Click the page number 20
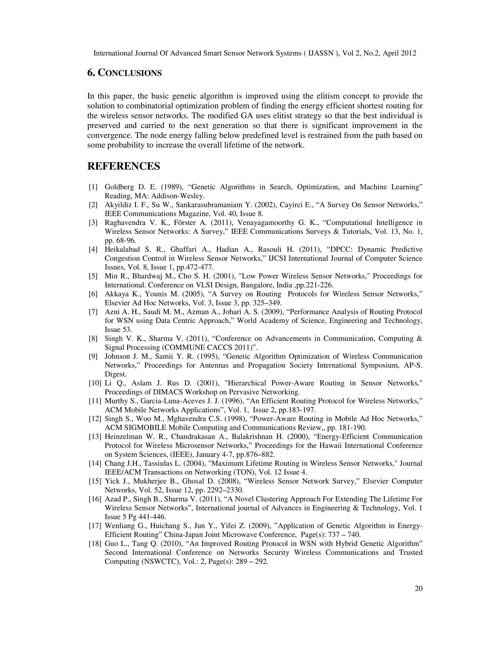pyautogui.click(x=418, y=589)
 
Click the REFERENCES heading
pyautogui.click(x=123, y=166)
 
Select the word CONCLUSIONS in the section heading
pyautogui.click(x=130, y=73)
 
